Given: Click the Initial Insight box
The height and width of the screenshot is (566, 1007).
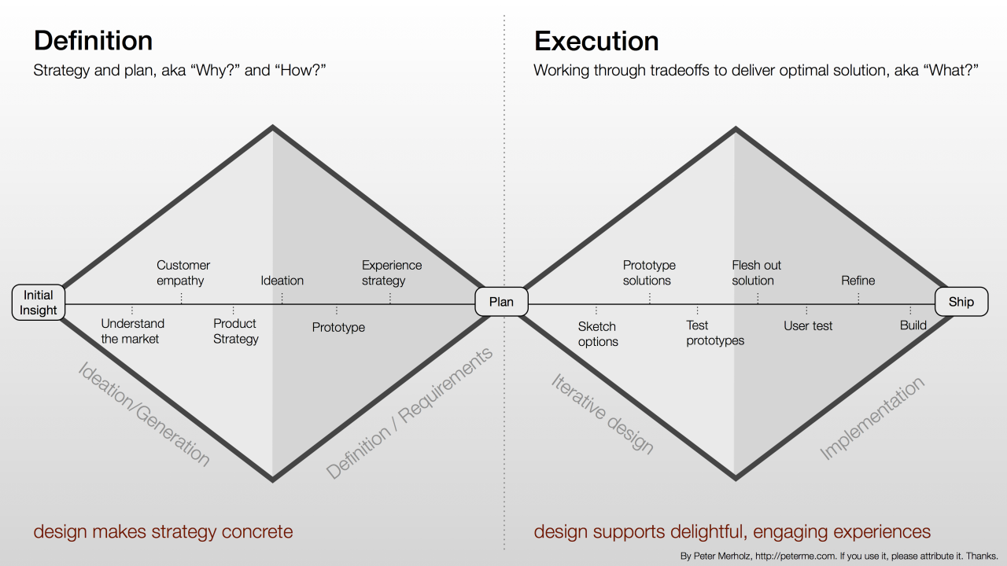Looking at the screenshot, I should point(38,303).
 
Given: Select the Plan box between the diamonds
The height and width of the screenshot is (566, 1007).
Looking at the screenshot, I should point(501,302).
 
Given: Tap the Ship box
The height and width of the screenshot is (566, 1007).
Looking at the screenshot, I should point(961,302).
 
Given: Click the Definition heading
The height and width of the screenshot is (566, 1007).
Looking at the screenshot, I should point(93,41).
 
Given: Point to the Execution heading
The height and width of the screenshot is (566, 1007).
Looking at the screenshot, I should point(596,41).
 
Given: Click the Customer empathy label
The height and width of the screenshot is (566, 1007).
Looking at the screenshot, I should point(183,273).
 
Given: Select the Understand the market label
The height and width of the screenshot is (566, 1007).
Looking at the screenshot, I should point(132,331).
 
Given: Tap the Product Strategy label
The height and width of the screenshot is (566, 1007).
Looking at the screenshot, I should point(235,331).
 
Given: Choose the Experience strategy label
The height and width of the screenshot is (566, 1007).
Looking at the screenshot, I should point(391,273).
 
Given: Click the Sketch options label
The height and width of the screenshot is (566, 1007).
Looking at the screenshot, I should point(598,334).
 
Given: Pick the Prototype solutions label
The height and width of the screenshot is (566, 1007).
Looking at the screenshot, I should point(648,273).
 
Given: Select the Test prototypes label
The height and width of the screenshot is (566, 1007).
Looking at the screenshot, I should point(714,333).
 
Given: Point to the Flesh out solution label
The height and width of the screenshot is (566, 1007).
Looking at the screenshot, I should point(756,273).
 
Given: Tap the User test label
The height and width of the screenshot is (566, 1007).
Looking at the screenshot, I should point(808,325).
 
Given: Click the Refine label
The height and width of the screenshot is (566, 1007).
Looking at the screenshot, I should point(858,281).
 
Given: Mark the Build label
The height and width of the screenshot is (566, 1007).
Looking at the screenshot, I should point(913,325).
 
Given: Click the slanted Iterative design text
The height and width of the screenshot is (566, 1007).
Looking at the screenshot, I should point(602,413).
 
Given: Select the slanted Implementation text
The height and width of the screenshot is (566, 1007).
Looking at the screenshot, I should point(872,418).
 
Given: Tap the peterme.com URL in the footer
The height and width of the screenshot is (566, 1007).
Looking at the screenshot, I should point(788,556).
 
